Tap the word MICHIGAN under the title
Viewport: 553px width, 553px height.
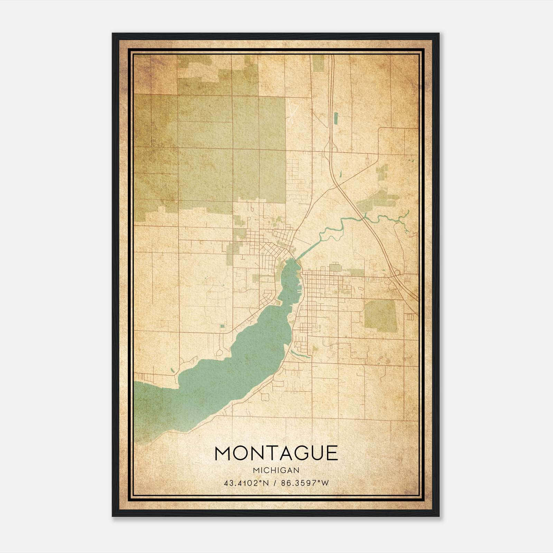pos(276,470)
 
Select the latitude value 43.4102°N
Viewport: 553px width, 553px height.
pos(246,483)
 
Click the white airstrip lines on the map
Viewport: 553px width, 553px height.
pos(293,110)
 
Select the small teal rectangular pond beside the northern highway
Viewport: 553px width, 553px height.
pos(336,118)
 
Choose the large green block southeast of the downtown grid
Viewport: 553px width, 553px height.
pos(381,316)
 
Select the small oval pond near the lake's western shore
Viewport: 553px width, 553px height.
pos(172,371)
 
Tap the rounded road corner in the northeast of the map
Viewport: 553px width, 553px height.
pos(380,130)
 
